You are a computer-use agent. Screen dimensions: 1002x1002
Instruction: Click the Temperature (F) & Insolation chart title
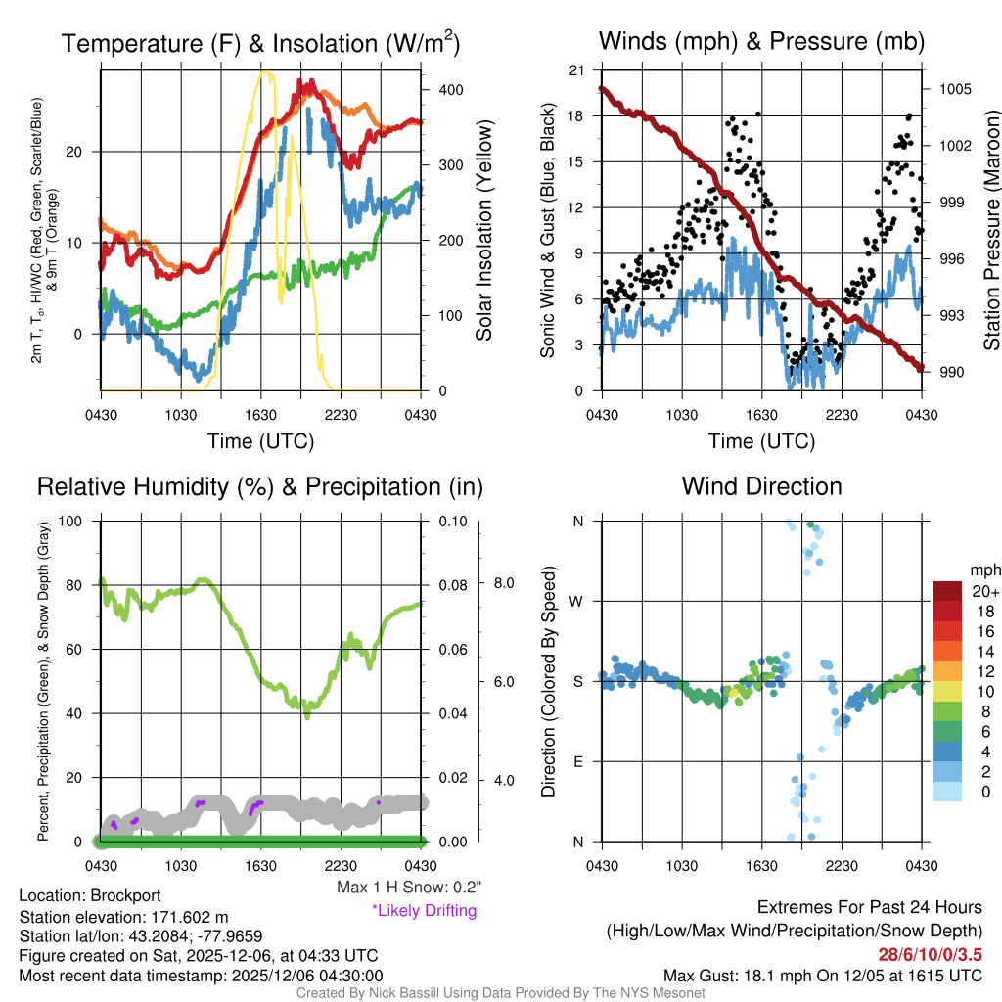coord(260,43)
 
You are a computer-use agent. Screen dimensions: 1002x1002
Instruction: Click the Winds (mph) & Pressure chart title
coord(761,41)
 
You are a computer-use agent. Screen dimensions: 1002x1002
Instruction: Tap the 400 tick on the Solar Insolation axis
coord(450,89)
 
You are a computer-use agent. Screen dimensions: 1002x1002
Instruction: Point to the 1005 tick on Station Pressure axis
coord(954,89)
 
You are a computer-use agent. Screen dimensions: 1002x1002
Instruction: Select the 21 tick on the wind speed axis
coord(576,70)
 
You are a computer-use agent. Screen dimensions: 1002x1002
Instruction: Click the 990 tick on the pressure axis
coord(951,372)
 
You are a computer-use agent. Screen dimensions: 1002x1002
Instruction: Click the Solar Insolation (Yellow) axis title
coord(483,230)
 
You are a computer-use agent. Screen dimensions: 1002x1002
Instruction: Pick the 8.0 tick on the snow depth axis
coord(504,583)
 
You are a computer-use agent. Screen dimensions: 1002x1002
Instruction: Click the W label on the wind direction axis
coord(577,601)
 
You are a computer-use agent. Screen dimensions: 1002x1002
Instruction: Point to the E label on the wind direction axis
coord(577,761)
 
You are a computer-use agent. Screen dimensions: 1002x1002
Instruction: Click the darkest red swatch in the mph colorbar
coord(949,591)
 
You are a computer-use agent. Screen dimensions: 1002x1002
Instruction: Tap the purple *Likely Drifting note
coord(424,910)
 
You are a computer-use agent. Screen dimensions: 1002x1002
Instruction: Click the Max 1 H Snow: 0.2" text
coord(408,887)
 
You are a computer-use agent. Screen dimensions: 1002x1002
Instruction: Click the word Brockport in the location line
coord(125,895)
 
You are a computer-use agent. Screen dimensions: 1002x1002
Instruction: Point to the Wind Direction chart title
coord(761,486)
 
